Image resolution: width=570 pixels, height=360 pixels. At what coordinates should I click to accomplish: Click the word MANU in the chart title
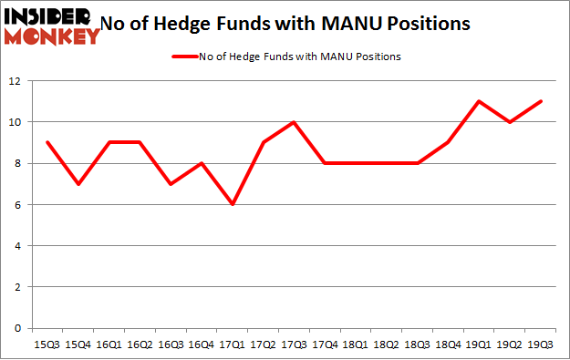tap(351, 24)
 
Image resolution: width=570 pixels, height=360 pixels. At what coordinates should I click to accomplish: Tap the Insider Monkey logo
tap(52, 26)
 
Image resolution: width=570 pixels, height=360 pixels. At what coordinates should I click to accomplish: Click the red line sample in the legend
tap(185, 57)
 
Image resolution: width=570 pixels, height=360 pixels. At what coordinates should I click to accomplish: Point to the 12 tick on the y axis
tap(15, 81)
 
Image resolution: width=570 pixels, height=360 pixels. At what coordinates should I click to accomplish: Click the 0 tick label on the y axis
tap(17, 328)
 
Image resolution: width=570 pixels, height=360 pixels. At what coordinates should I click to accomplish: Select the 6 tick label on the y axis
tap(17, 205)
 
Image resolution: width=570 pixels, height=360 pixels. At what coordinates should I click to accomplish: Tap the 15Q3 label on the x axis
tap(47, 345)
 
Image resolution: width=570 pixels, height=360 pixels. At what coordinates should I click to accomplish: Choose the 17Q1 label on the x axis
tap(232, 345)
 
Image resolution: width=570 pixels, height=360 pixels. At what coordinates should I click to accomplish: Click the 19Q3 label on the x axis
tap(540, 345)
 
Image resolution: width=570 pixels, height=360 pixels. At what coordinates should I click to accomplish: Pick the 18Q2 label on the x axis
tap(386, 345)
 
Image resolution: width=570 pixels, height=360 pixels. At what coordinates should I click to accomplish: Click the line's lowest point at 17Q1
tap(233, 204)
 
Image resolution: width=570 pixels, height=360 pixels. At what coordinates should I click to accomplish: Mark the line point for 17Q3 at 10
tap(294, 122)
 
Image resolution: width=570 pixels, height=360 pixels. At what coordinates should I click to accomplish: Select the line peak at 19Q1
tap(479, 101)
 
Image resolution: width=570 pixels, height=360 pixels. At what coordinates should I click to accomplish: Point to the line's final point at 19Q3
tap(541, 101)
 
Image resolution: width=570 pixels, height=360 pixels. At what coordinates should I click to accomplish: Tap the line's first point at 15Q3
tap(47, 142)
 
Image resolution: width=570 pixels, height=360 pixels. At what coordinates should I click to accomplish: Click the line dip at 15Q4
tap(78, 184)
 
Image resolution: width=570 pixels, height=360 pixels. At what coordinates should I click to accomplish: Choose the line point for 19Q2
tap(510, 122)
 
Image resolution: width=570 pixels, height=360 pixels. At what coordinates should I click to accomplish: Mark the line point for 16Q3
tap(171, 184)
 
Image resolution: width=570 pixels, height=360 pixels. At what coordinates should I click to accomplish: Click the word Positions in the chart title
tap(429, 24)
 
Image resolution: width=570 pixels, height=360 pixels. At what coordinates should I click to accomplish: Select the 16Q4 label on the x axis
tap(201, 345)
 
